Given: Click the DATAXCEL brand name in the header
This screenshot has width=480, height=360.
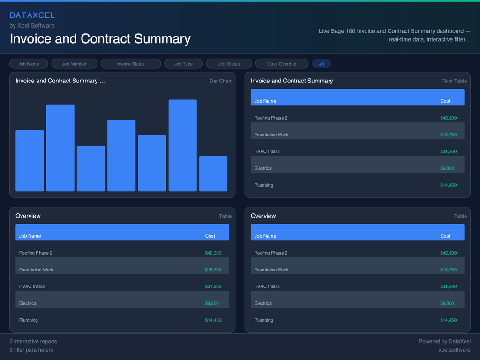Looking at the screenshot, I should [x=32, y=15].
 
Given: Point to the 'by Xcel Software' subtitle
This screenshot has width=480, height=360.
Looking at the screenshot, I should [x=32, y=26].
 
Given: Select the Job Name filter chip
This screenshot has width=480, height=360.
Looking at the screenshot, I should [x=29, y=64].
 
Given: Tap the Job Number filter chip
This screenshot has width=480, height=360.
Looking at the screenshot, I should [x=74, y=64].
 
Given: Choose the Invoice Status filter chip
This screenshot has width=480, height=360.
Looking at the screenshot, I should [x=130, y=64].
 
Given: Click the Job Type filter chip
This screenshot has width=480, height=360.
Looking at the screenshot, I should [x=183, y=64].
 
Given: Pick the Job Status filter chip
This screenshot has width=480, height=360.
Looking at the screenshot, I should [x=229, y=64].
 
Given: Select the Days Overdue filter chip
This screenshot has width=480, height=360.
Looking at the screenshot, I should [x=281, y=64].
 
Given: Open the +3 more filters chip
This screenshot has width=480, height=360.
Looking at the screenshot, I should [x=321, y=64].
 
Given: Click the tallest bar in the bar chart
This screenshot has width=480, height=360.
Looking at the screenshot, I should [x=182, y=145].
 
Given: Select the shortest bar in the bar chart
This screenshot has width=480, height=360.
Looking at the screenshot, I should [x=213, y=173].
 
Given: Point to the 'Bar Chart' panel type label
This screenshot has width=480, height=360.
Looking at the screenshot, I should [x=220, y=81].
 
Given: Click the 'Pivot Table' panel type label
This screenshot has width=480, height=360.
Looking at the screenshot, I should [x=454, y=81].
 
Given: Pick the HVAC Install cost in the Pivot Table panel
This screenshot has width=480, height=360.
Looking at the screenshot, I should [x=448, y=151].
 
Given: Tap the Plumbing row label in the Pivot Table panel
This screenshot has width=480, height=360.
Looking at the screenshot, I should [x=263, y=185].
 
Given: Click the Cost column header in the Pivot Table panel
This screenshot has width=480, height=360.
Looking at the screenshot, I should [x=445, y=101].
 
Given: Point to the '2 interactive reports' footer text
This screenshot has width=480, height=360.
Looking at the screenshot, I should [x=33, y=341].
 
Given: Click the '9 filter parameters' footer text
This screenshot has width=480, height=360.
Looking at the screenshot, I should [x=31, y=350].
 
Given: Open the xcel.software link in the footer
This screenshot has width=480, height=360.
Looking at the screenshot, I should [x=454, y=350].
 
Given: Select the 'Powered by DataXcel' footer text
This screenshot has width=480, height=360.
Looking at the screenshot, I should [x=444, y=341].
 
